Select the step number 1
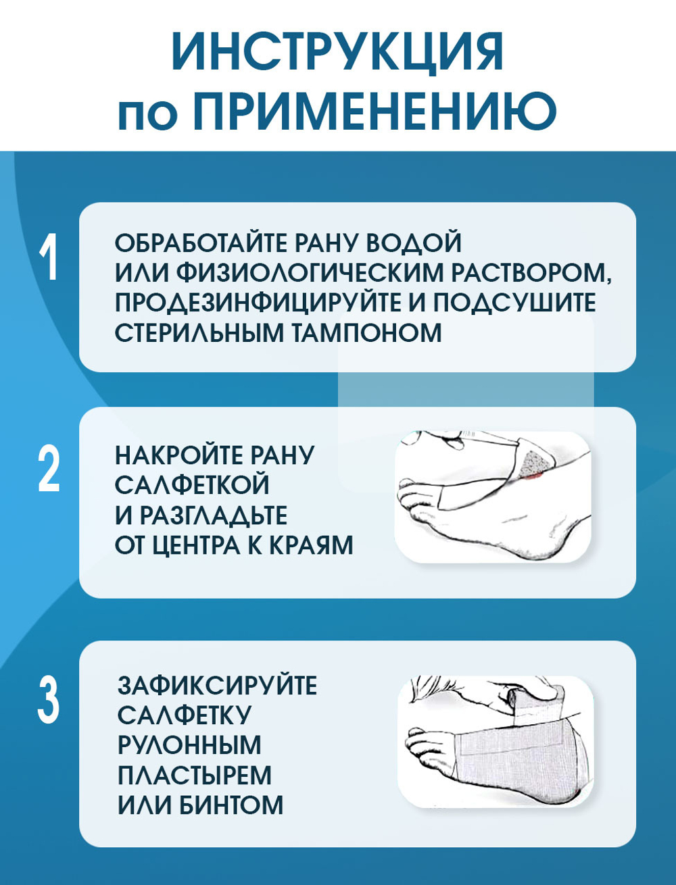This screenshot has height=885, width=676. click(49, 257)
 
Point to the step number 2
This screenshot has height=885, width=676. click(49, 469)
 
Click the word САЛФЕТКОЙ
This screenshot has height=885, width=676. click(193, 485)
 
